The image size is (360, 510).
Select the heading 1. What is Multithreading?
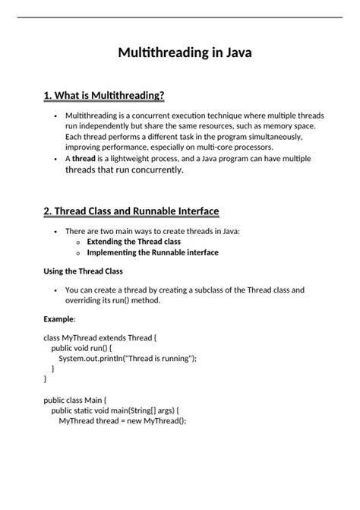pos(104,95)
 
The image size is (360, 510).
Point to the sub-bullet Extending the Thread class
pos(138,241)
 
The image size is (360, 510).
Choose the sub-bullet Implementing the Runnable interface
pos(152,252)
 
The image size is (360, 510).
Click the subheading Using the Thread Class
pos(84,271)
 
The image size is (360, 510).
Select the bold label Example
pos(58,318)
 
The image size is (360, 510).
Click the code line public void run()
pos(90,347)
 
